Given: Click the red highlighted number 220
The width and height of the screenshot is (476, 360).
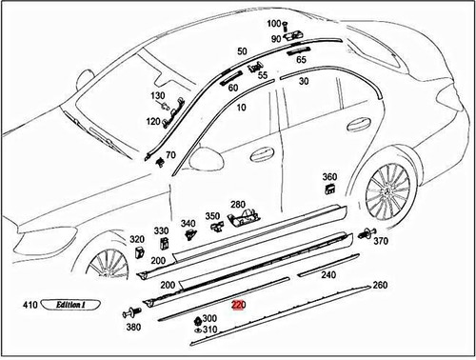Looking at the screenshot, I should click(238, 306).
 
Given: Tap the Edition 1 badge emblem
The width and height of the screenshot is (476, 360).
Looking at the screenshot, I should click(71, 307).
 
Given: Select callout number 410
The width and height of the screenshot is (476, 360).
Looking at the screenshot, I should click(30, 307).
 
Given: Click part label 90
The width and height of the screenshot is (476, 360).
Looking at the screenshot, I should click(276, 38).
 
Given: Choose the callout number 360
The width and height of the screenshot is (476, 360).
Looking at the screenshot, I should click(329, 177).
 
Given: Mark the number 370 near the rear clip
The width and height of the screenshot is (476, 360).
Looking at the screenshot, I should click(381, 242).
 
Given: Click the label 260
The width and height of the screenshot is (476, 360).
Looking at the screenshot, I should click(379, 285).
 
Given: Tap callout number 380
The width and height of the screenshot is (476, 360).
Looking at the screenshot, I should click(133, 328).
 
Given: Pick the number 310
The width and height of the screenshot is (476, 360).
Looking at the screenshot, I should click(208, 330).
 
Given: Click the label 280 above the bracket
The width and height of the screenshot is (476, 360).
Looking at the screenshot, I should click(237, 204).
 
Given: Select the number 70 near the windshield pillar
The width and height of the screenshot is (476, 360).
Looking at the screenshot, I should click(170, 154).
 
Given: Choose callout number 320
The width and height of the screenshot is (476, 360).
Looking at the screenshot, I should click(137, 239).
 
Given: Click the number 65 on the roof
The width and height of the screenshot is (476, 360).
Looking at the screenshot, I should click(301, 59).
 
